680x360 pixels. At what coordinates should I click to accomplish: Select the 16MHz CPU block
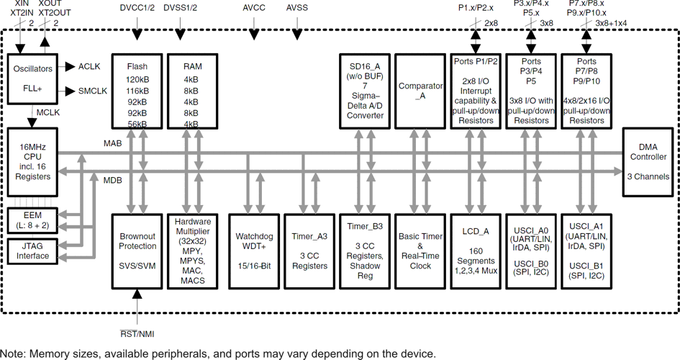coord(32,163)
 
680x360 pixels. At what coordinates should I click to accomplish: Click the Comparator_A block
coord(420,91)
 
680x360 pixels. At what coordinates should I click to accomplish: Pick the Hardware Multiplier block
coord(193,251)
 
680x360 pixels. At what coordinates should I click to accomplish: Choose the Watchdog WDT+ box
coord(253,251)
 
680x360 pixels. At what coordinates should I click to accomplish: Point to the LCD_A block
coord(476,251)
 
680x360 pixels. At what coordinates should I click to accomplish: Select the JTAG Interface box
coord(32,251)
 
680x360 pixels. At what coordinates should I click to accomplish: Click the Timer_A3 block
coord(310,251)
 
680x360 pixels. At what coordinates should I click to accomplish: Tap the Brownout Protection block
coord(137,251)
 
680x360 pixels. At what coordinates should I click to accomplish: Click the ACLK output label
coord(89,67)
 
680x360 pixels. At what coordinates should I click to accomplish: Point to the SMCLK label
coord(92,91)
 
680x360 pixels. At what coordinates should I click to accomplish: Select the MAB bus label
coord(112,144)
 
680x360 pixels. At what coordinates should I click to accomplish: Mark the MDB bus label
coord(112,180)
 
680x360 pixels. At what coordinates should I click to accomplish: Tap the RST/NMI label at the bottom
coord(137,334)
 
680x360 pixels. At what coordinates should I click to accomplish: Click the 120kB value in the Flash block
coord(137,80)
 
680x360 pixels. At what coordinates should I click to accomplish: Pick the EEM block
coord(32,220)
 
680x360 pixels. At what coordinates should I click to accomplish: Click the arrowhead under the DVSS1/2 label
coord(193,34)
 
